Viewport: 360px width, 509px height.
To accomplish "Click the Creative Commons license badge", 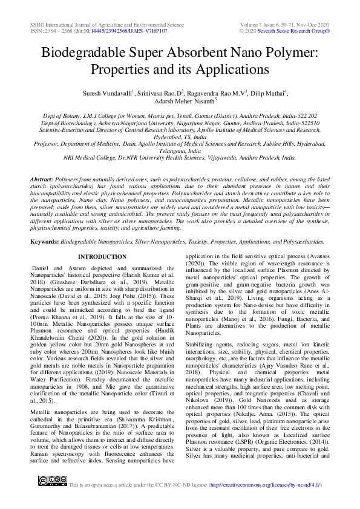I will [52, 481].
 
